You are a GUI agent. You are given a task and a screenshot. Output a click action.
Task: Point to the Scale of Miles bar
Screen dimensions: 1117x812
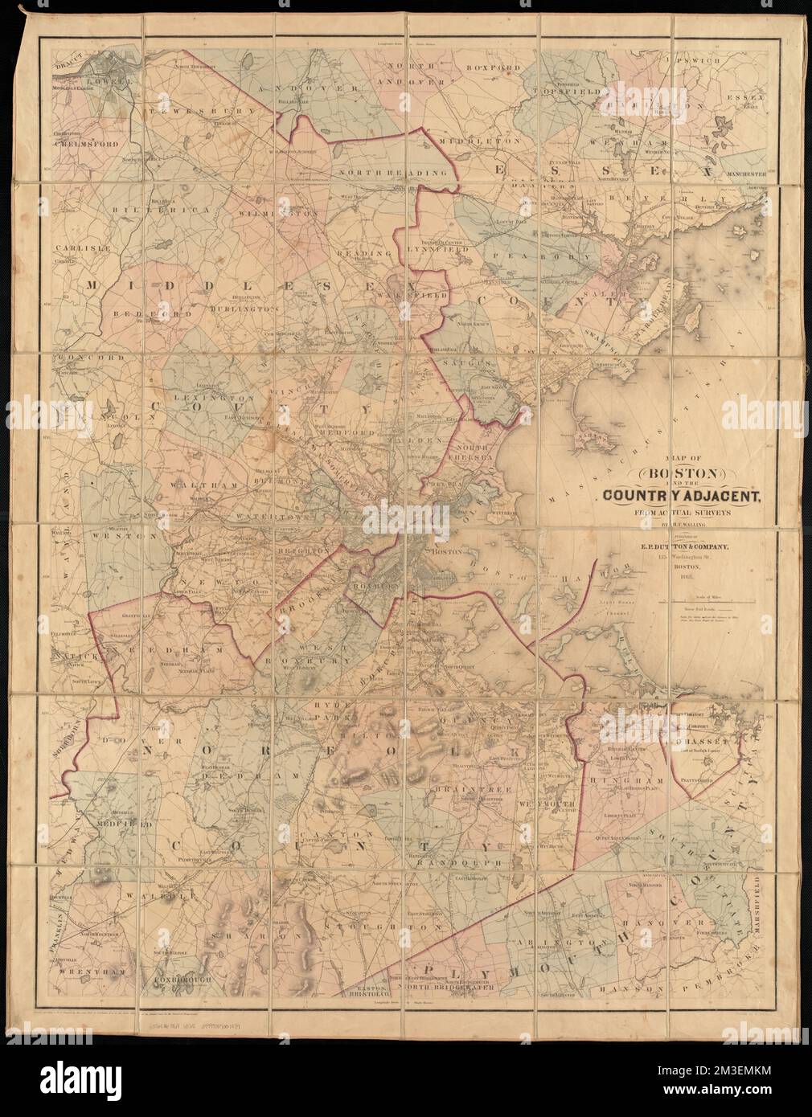(706, 600)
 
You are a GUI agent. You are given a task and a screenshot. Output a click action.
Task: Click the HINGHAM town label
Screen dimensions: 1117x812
(618, 780)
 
